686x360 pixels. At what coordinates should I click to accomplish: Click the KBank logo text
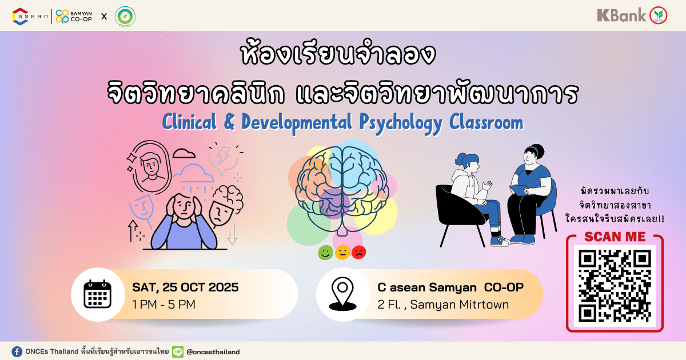pos(621,15)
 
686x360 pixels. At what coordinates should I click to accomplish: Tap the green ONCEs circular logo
pos(125,16)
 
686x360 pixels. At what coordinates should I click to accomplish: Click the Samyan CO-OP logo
pos(74,16)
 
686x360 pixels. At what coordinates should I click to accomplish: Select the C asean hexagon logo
pos(20,16)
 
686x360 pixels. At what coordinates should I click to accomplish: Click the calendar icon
pos(98,294)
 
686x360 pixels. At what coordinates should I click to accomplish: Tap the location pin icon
pos(342,294)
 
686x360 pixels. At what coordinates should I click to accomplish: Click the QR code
pos(615,286)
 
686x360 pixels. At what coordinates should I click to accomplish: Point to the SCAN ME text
pos(615,237)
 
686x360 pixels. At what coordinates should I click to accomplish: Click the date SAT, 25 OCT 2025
pos(185,287)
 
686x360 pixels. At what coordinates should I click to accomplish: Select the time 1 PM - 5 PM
pos(164,305)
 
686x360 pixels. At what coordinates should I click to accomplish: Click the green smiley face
pos(325,253)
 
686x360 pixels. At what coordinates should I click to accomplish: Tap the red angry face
pos(359,253)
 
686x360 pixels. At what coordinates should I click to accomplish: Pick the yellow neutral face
pos(342,253)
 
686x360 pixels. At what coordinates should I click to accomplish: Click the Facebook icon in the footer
pos(17,351)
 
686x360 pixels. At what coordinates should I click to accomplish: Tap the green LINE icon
pos(178,351)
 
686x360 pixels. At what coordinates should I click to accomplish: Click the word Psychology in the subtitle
pos(401,123)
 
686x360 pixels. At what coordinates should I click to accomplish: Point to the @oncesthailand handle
pos(213,352)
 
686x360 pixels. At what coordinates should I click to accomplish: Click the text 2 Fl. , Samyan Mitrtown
pos(443,305)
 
